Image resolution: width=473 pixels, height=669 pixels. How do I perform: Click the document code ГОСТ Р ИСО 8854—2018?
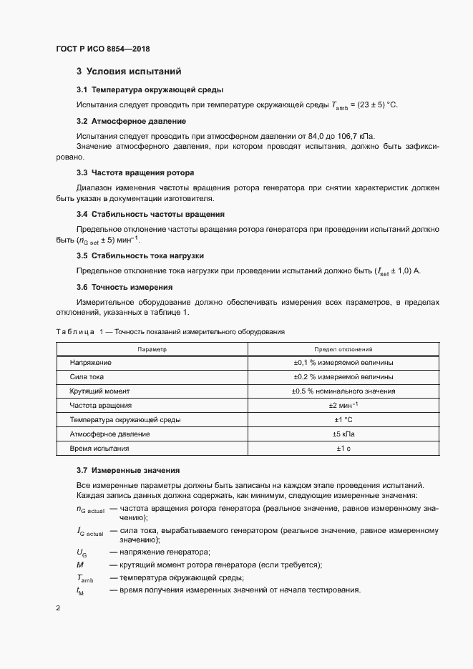102,49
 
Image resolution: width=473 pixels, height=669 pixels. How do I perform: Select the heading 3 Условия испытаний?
129,72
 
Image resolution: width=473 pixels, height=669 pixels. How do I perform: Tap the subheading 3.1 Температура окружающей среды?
150,90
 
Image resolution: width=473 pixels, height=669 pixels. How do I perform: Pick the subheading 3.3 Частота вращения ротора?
135,173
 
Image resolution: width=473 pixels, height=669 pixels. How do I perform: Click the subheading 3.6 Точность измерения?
125,287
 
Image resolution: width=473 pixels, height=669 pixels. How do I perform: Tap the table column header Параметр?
152,349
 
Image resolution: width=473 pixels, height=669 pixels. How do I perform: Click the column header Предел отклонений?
343,349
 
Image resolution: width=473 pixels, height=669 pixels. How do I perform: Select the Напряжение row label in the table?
90,363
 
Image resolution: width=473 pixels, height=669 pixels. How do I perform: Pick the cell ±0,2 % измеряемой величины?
343,377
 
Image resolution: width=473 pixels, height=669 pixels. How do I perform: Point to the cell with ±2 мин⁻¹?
343,406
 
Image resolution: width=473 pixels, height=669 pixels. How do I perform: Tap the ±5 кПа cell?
343,434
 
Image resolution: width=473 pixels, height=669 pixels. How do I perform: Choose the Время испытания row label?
99,448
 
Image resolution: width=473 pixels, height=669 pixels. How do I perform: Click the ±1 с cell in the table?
343,448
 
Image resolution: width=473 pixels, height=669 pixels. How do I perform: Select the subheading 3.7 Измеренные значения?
127,470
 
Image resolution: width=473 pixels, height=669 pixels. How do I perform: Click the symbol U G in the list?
82,552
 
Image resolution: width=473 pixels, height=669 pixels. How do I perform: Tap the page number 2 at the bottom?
57,608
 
